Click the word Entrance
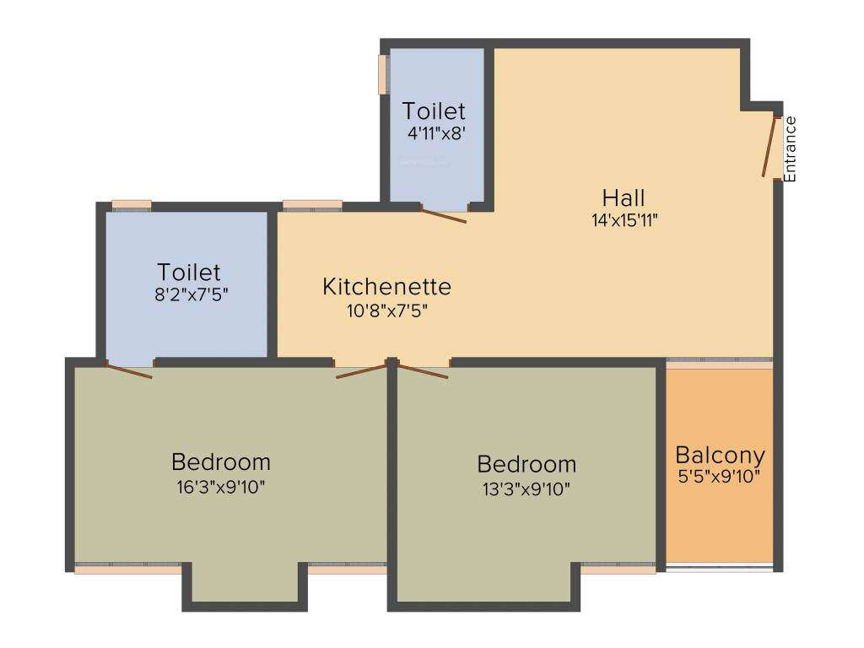791,148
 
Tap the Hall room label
624,198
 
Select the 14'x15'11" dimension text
624,221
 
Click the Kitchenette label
386,287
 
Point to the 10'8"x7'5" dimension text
386,310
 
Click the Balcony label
720,456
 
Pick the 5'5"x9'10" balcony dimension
720,477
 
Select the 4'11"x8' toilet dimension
434,132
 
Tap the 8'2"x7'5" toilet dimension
189,294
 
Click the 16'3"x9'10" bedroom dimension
221,486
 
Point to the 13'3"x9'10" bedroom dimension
526,488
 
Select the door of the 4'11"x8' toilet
444,216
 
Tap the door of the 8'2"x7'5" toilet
129,370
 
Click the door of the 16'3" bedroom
362,370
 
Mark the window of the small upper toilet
383,74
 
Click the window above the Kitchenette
312,204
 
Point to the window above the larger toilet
132,204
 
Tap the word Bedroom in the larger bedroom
221,462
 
